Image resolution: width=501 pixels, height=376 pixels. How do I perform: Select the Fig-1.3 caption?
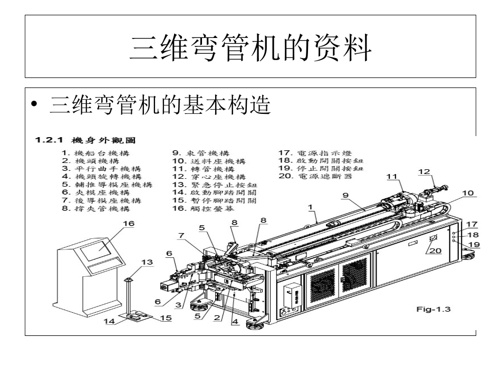pyautogui.click(x=433, y=310)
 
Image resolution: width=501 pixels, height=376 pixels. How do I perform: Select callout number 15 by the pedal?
pyautogui.click(x=166, y=318)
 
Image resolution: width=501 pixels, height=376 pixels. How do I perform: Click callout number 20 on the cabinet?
pyautogui.click(x=436, y=251)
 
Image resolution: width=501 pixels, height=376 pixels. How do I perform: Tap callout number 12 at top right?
pyautogui.click(x=423, y=171)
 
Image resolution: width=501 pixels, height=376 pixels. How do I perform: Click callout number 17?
pyautogui.click(x=472, y=224)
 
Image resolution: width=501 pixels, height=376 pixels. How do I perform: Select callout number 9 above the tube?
pyautogui.click(x=345, y=195)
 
